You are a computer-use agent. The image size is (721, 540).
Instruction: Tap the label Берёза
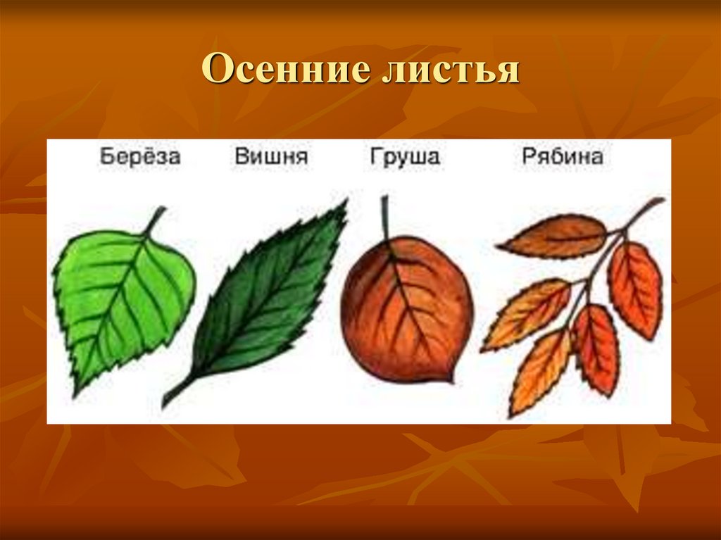[140, 156]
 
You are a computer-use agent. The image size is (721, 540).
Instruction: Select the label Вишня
[271, 156]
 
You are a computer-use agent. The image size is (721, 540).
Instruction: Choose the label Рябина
[563, 156]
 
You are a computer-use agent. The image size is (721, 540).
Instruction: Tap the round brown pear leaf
[406, 310]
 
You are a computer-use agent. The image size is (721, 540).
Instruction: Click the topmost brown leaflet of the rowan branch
[556, 236]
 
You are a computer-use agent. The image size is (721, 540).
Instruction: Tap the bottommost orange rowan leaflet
[539, 370]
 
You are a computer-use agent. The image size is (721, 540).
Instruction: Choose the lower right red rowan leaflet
[596, 349]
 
